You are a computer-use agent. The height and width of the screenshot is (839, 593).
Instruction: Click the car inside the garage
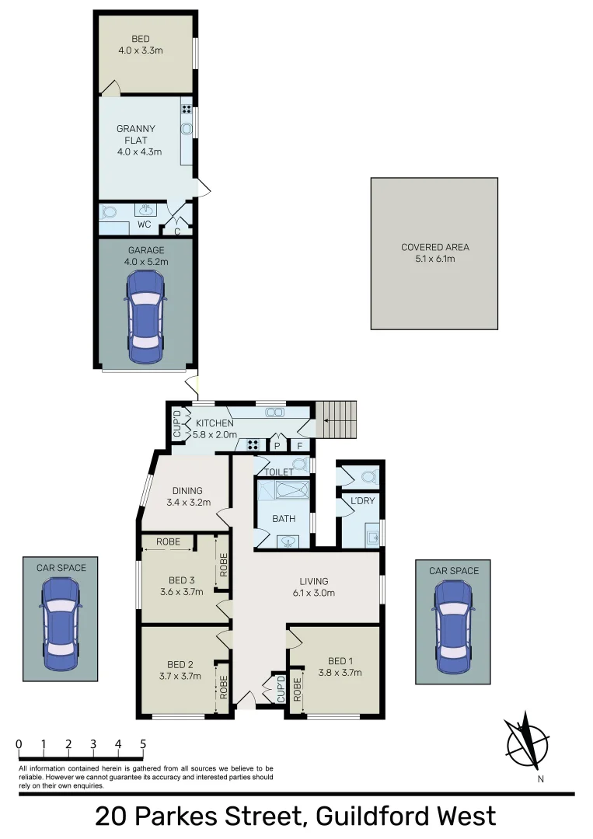tap(146, 318)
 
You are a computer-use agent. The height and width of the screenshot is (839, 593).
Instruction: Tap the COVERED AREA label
tap(434, 247)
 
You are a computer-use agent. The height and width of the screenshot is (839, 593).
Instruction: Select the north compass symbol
tap(526, 740)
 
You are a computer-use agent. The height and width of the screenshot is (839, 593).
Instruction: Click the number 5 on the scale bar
tap(143, 744)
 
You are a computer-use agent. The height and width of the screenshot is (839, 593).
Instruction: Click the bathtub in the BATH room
tap(284, 491)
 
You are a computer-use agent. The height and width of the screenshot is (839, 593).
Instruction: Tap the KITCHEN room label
tap(215, 423)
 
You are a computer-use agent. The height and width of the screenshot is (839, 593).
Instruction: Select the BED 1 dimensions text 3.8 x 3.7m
tap(340, 673)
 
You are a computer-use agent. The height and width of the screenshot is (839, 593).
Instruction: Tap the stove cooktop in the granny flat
tap(187, 109)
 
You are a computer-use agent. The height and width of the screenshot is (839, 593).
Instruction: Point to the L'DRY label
tap(363, 501)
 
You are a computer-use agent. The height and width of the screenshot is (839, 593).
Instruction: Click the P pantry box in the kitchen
tap(276, 446)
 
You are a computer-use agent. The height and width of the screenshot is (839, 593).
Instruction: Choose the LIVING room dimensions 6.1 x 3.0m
tap(314, 593)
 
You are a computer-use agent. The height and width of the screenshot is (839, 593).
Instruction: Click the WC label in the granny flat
tap(144, 225)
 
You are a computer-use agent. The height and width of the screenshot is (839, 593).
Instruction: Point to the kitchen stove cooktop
tap(253, 445)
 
